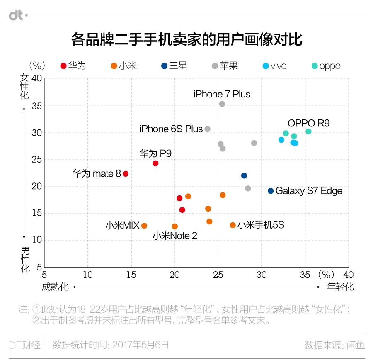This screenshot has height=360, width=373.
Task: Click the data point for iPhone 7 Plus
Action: tap(222, 104)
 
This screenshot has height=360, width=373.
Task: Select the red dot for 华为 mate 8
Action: tap(126, 174)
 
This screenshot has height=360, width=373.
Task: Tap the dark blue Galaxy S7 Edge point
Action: tap(271, 191)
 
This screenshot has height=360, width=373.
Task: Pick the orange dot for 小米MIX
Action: tap(144, 226)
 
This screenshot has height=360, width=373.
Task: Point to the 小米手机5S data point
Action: tap(233, 225)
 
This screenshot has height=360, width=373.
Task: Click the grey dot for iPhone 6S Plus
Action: tap(208, 129)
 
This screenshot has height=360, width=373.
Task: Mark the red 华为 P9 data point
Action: tap(155, 163)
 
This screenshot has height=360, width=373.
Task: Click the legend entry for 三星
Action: tap(174, 66)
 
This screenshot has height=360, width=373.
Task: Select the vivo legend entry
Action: tap(274, 66)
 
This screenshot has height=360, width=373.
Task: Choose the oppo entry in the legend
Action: tap(326, 66)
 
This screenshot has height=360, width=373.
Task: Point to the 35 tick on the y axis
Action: tap(36, 106)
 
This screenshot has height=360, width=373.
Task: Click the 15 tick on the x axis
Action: tap(131, 275)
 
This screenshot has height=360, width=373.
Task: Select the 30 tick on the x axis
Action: tap(262, 275)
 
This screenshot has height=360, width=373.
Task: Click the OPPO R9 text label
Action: tap(308, 123)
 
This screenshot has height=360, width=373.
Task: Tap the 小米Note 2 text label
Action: tap(175, 236)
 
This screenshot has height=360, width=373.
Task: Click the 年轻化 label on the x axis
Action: tap(340, 287)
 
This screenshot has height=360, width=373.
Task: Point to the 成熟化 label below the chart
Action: tap(55, 287)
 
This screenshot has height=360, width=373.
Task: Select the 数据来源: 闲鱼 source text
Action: tap(334, 345)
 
